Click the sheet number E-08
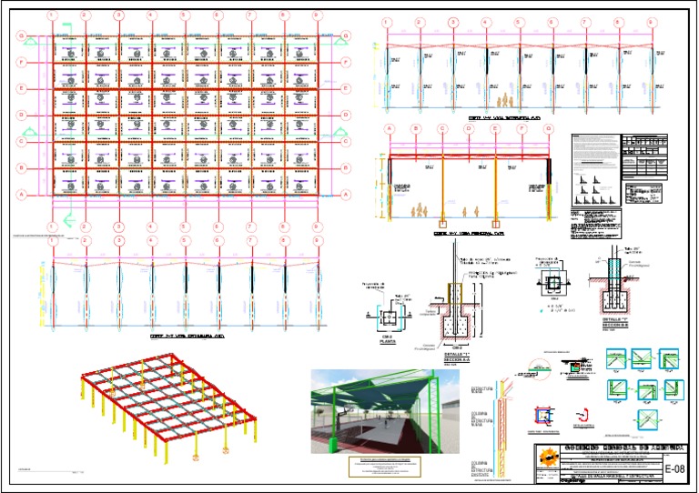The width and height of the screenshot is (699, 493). (x=674, y=469)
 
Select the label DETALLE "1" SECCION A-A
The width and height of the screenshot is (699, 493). (x=455, y=358)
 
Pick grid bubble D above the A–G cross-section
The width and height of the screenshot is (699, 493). (x=469, y=129)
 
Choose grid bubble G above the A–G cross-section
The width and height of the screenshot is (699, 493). (x=548, y=129)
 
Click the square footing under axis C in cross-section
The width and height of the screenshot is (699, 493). (x=442, y=223)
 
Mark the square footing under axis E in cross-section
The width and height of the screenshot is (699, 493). (x=495, y=223)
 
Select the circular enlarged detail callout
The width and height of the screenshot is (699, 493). (x=521, y=371)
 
